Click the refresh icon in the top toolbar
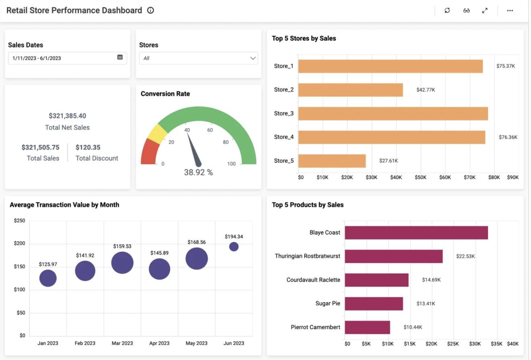coord(447,10)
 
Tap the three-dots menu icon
coord(510,10)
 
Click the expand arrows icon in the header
coord(485,10)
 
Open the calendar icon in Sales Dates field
coord(120,57)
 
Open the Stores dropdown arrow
coord(253,58)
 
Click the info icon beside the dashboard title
coord(150,10)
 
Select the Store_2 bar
coord(350,90)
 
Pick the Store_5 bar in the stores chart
coord(332,161)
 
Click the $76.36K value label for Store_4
coord(508,137)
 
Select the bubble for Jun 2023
coord(234,246)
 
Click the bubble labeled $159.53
coord(122,263)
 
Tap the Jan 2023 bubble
coord(48,278)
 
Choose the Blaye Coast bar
coord(416,233)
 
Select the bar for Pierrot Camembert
coord(367,327)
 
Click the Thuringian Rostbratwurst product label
coord(307,256)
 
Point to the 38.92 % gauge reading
coord(198,172)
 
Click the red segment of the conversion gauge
coord(149,152)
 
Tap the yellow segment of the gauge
coord(157,133)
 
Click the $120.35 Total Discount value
coord(88,147)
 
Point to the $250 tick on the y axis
coord(19,220)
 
